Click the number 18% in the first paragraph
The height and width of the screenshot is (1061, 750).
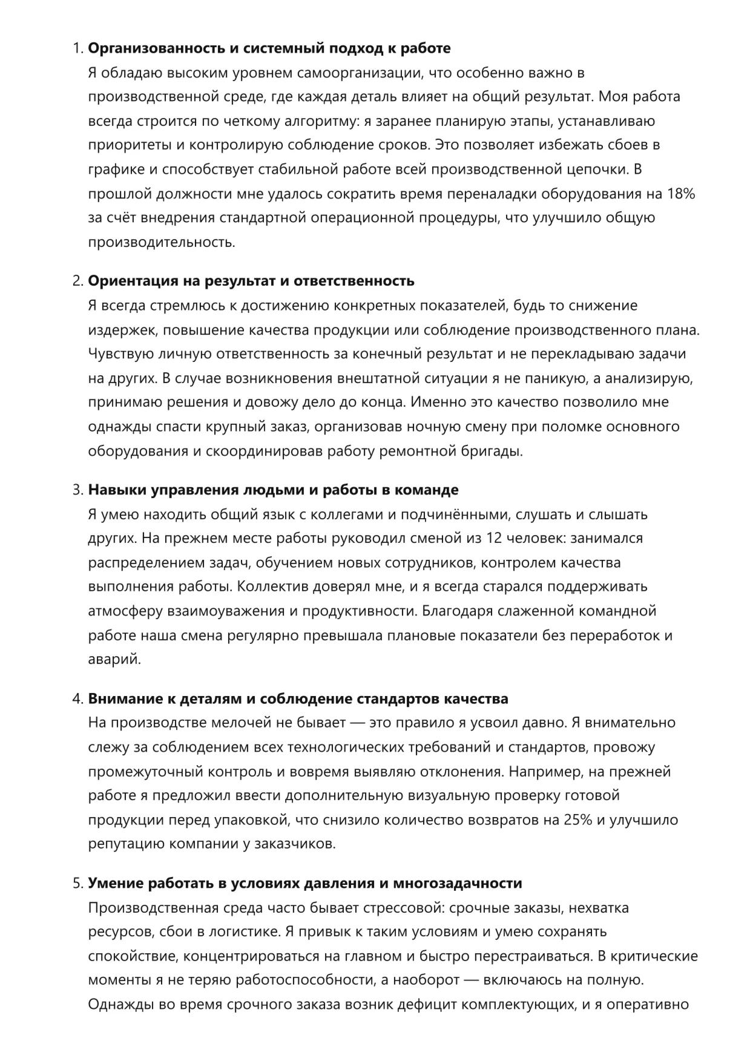[x=681, y=194]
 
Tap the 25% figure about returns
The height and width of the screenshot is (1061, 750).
[x=577, y=820]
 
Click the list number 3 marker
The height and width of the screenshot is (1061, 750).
[x=77, y=490]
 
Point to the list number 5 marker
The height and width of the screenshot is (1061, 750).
[x=77, y=883]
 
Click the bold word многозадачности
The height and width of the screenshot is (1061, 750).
[x=458, y=883]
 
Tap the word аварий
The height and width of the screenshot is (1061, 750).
[x=114, y=659]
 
